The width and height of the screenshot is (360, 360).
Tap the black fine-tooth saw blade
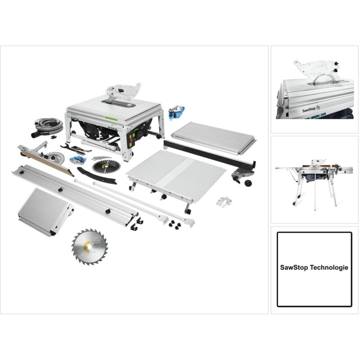tap(106, 166)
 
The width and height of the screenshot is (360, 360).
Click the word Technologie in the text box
tap(330, 267)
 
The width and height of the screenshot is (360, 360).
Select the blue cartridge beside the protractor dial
tap(80, 160)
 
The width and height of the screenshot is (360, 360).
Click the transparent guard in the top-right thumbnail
tap(313, 70)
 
